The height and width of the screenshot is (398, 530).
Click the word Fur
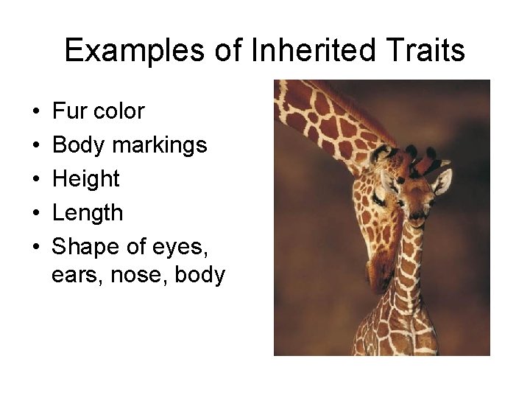(68, 111)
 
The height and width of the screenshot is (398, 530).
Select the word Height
(86, 179)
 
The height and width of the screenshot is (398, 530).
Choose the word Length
(88, 213)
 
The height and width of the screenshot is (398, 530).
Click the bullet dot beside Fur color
(37, 112)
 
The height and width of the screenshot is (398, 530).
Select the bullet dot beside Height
(37, 180)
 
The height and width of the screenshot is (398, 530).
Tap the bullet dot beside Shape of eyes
(37, 248)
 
